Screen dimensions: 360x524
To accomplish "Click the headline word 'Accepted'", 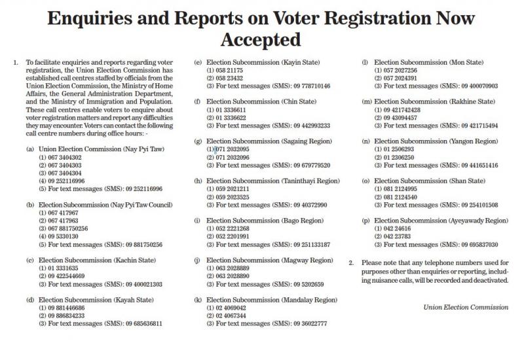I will coord(261,41).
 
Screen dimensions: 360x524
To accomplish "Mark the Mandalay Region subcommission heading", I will coord(270,299).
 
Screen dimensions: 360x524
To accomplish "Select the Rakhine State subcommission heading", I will coord(434,101).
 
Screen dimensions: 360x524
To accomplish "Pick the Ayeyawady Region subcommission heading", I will coord(440,221).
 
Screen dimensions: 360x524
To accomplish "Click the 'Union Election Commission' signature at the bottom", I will coord(466,307).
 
